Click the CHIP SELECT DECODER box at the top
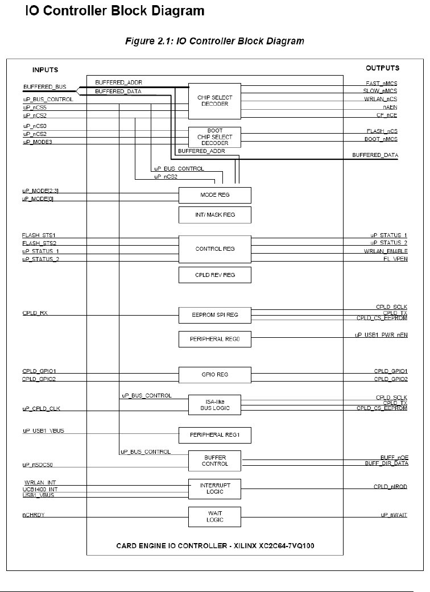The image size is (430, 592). (x=214, y=101)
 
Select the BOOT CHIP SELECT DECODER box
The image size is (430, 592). (x=214, y=137)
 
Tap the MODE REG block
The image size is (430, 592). (x=214, y=195)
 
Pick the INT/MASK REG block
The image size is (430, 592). (x=214, y=215)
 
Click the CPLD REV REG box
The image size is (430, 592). (x=214, y=275)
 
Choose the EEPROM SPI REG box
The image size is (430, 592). (x=214, y=314)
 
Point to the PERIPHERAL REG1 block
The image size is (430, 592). (x=214, y=435)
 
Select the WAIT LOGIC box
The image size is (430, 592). (x=214, y=516)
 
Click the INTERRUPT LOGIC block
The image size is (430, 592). (x=214, y=488)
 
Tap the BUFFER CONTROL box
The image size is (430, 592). (x=214, y=460)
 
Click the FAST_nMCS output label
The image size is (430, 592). (x=382, y=83)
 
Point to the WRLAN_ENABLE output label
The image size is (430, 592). (x=386, y=251)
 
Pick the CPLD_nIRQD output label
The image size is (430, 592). (x=390, y=487)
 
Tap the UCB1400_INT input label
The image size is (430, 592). (x=40, y=489)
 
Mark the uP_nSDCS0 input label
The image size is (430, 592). (x=38, y=466)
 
